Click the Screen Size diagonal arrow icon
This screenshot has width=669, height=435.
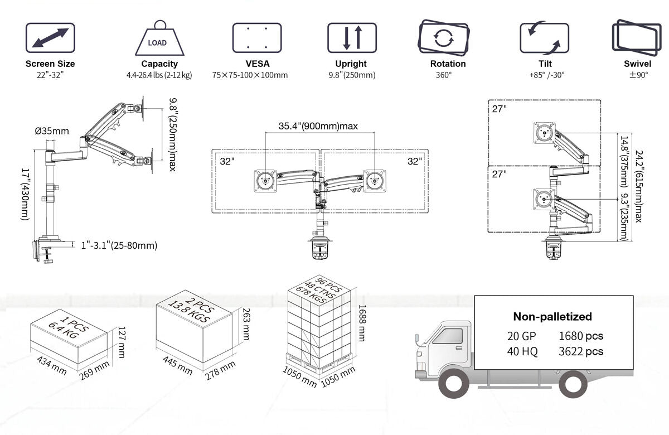coord(50,38)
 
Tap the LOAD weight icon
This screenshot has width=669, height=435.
coord(159,39)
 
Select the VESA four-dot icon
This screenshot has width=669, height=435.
coord(257,38)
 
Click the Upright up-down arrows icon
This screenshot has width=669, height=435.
coord(352,38)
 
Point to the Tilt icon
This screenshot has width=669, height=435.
coord(544,38)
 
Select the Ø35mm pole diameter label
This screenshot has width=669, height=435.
coord(52,132)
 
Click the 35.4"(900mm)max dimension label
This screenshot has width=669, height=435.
coord(318,126)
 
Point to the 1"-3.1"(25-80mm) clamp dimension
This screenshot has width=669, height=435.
coord(119,245)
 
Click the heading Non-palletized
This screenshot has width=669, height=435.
coord(552,317)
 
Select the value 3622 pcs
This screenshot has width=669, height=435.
coord(581,351)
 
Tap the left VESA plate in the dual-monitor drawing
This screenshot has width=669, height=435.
coord(264,181)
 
